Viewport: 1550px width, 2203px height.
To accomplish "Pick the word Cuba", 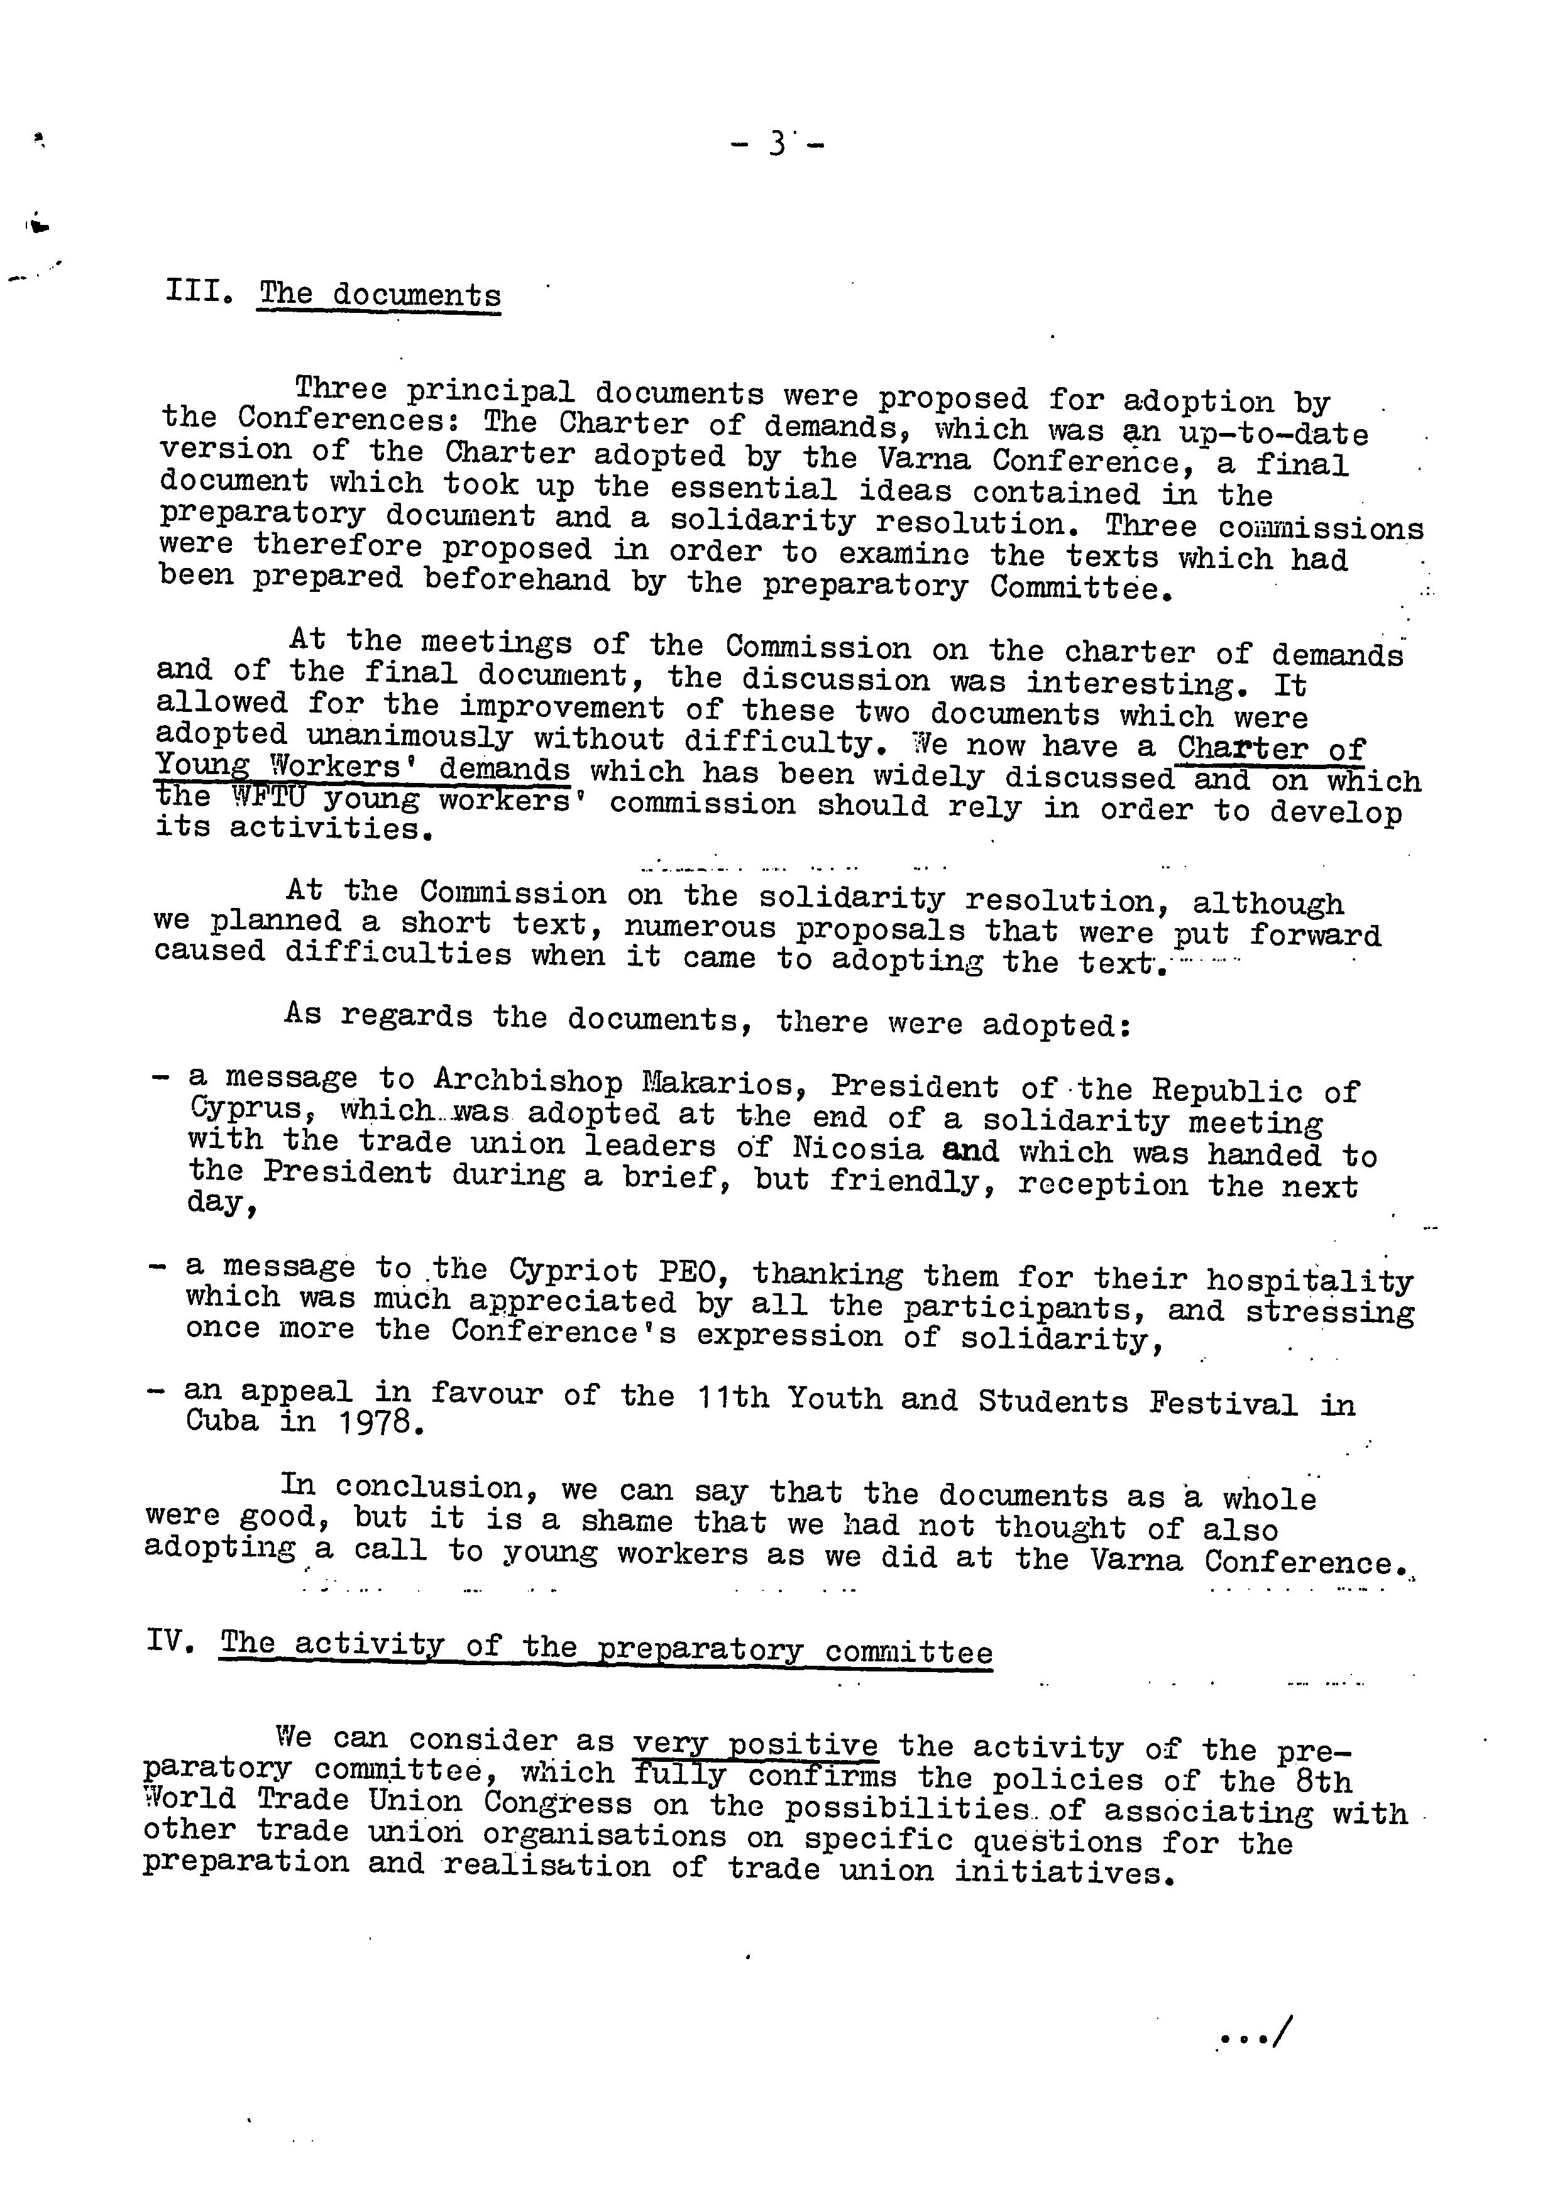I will (222, 1421).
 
